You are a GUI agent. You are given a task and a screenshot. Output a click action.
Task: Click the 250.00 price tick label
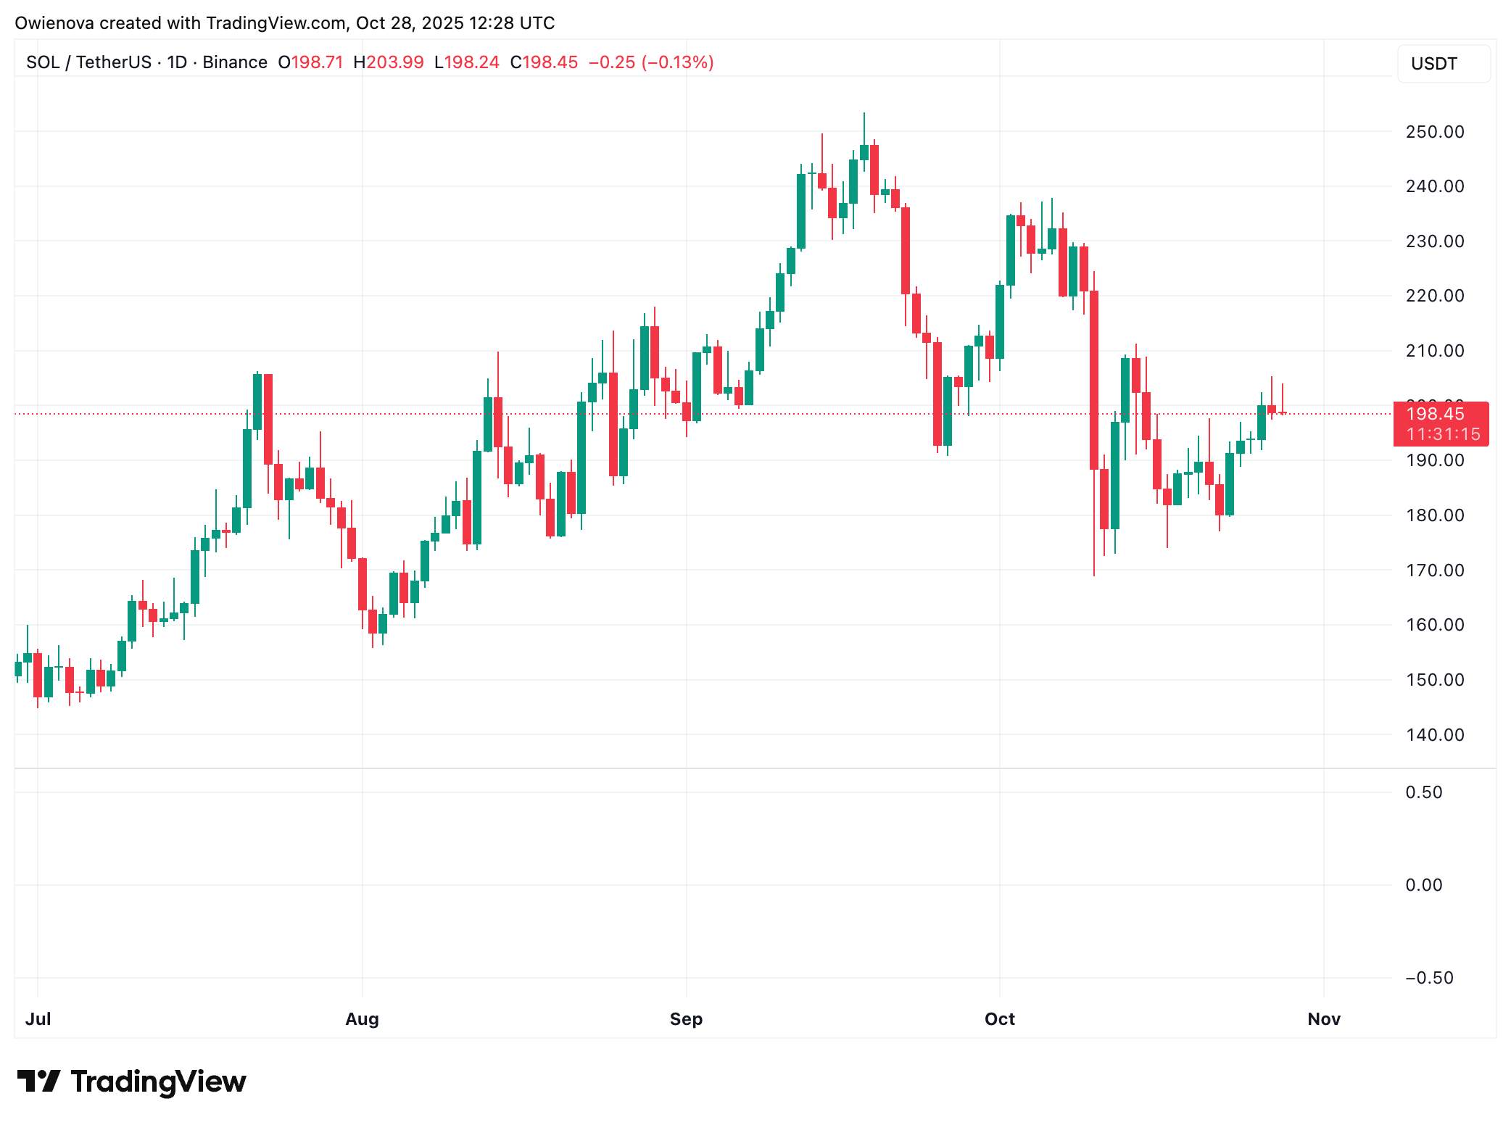click(x=1434, y=132)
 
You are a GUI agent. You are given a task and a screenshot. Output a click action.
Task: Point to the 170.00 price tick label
click(x=1434, y=570)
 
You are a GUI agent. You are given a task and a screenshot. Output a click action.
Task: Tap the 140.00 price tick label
click(x=1434, y=735)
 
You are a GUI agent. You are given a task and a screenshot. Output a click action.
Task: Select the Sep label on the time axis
click(x=686, y=1019)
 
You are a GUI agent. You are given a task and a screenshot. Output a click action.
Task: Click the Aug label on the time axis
click(x=362, y=1019)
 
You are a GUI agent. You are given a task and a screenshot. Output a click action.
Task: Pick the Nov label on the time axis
click(x=1323, y=1019)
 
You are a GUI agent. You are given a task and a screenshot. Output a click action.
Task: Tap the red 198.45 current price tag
click(x=1435, y=414)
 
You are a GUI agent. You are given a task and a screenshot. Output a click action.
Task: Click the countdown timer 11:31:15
click(x=1443, y=434)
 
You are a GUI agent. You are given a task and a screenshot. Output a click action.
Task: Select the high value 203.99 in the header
click(x=394, y=62)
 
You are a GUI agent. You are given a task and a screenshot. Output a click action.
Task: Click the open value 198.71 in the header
click(x=317, y=62)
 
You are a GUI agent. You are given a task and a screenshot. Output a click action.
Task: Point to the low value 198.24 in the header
click(x=471, y=62)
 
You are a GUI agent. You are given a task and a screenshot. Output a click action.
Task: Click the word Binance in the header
click(x=235, y=62)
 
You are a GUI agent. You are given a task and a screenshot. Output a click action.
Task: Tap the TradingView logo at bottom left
click(x=131, y=1082)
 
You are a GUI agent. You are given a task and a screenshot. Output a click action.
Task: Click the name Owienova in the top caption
click(x=54, y=23)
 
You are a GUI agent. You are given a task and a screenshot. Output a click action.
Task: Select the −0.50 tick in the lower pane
click(x=1429, y=978)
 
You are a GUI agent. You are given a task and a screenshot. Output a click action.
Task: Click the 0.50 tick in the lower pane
click(x=1423, y=792)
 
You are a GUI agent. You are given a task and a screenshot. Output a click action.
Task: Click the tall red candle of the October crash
click(x=1094, y=380)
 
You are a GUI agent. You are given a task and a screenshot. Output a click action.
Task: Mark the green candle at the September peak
click(x=864, y=152)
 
